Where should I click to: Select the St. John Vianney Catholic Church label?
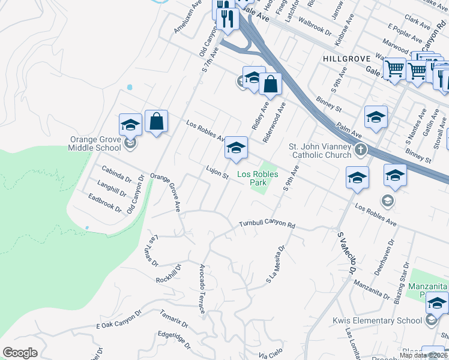point(319,151)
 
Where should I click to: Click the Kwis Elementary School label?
point(377,320)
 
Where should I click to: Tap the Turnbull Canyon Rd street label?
point(267,224)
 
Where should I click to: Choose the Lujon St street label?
point(218,173)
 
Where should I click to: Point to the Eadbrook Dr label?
point(104,202)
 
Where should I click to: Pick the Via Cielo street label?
point(270,355)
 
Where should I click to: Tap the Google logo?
point(20,353)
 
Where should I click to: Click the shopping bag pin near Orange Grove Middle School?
point(156,122)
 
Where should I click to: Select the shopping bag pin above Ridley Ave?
point(271,85)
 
